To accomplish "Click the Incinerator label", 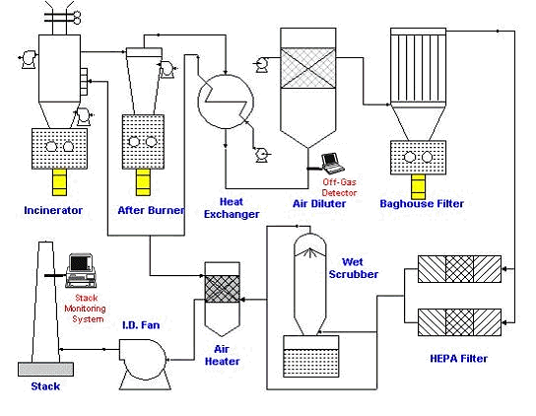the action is [x=53, y=210].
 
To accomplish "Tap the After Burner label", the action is [x=151, y=210].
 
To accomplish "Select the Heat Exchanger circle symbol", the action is [x=226, y=102].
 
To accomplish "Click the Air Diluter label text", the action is [x=319, y=203].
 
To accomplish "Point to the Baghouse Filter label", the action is [x=422, y=203].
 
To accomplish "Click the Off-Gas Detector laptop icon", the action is [x=332, y=164].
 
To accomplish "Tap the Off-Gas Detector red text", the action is [x=339, y=187].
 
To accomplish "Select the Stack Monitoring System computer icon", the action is [x=81, y=270].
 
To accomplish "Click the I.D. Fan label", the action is [x=141, y=324].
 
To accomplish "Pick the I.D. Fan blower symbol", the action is [x=145, y=364].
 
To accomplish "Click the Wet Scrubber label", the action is [x=354, y=268].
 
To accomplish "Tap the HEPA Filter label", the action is [x=459, y=359].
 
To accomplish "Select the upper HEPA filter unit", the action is [x=459, y=269].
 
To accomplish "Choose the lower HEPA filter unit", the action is [x=459, y=322].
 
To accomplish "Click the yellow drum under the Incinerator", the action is [x=59, y=182].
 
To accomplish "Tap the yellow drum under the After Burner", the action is [x=143, y=182].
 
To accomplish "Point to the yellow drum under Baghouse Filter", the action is [x=418, y=186].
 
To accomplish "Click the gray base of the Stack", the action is [x=45, y=369].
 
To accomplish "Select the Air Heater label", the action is [x=222, y=355].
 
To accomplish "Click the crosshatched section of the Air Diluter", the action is [x=308, y=68].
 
